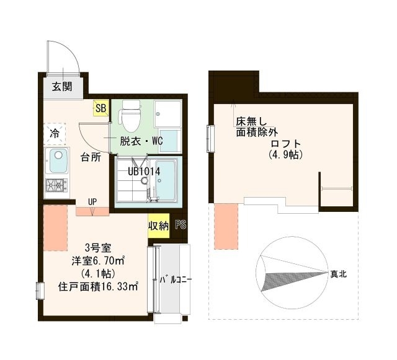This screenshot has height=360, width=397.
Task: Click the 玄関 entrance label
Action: [x=61, y=86]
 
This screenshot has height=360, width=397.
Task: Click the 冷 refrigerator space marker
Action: [x=55, y=133]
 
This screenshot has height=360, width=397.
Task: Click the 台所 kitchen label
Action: [x=91, y=157]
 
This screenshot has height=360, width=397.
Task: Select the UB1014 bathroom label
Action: [x=144, y=170]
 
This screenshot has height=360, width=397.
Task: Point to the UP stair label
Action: [x=92, y=201]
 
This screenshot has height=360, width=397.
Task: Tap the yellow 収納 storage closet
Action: [x=158, y=226]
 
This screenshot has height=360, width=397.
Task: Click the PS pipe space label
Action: [x=181, y=226]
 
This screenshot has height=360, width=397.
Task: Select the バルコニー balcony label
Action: [x=175, y=280]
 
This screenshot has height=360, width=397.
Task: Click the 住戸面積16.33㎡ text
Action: [x=98, y=287]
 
